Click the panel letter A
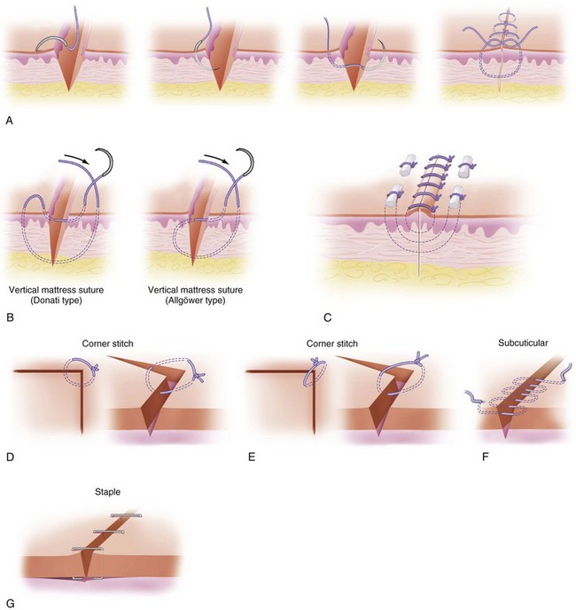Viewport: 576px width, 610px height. click(9, 116)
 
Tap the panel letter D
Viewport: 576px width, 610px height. click(9, 458)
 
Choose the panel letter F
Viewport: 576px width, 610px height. click(474, 458)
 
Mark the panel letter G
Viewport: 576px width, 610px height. click(9, 602)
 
